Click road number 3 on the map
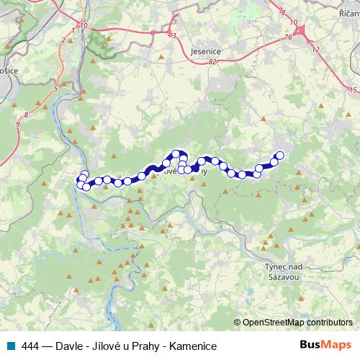(173, 35)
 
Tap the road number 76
(287, 37)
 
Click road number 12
(316, 48)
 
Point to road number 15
(351, 89)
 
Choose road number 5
(55, 89)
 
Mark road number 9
(17, 124)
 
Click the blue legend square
(9, 346)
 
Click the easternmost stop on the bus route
(280, 135)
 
